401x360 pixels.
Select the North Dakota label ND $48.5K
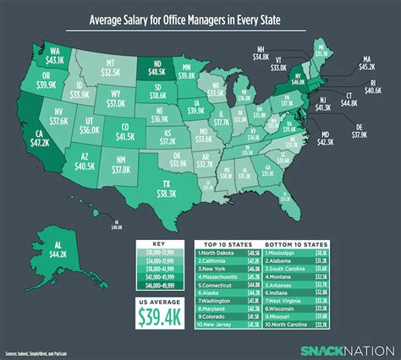pos(157,71)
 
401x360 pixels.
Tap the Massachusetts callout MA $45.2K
pos(366,62)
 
